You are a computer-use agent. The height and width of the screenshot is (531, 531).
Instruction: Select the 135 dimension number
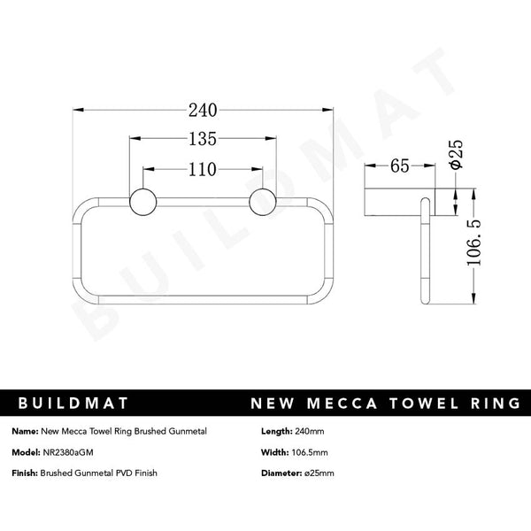(x=203, y=139)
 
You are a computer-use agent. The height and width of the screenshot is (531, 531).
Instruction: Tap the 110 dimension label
(x=203, y=167)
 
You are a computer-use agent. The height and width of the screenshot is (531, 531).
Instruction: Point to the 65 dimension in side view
(x=398, y=166)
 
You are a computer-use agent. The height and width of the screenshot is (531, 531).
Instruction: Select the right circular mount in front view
(x=263, y=202)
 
